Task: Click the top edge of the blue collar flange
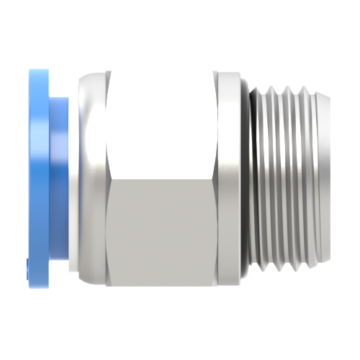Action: click(39, 71)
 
